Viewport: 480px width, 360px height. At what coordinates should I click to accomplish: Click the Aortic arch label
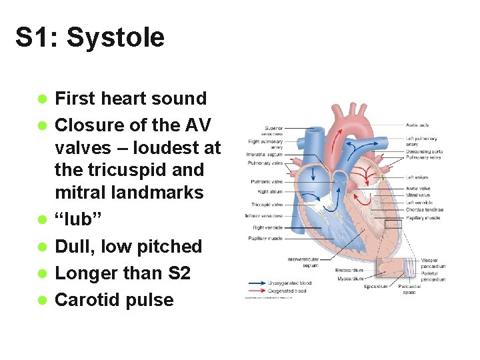click(x=417, y=125)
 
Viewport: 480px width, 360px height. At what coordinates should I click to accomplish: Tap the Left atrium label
click(x=417, y=177)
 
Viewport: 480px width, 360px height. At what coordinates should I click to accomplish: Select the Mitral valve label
click(x=417, y=195)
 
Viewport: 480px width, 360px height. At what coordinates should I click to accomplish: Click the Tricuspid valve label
click(x=267, y=204)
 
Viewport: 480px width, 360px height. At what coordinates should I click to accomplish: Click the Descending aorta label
click(x=423, y=151)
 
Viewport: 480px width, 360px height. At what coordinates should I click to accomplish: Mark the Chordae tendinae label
click(x=425, y=210)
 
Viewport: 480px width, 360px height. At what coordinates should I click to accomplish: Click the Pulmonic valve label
click(x=267, y=181)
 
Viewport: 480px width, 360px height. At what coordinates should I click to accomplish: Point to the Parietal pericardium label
click(x=433, y=276)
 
